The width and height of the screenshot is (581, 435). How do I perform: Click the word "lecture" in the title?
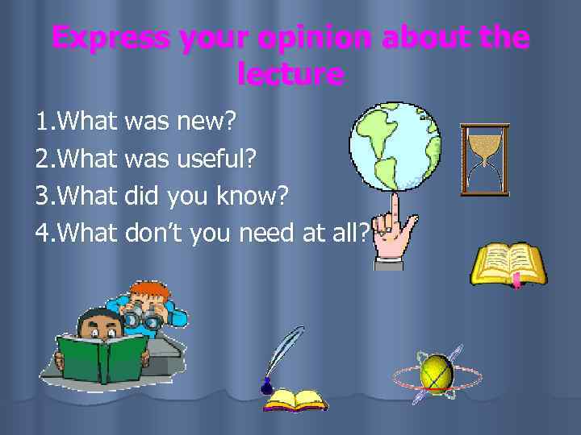tap(290, 75)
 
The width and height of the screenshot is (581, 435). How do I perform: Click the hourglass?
tap(485, 159)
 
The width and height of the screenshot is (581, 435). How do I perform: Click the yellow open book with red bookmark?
tap(508, 263)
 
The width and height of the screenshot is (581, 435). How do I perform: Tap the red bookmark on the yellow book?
tap(515, 281)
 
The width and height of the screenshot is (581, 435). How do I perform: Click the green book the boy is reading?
tap(101, 358)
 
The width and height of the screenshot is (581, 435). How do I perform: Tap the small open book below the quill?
tap(296, 400)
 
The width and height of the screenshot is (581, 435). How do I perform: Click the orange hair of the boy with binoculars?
tap(151, 290)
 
